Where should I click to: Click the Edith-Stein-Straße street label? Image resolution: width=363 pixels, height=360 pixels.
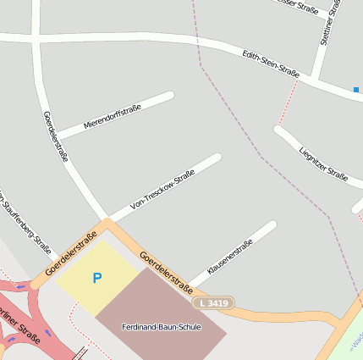pyautogui.click(x=271, y=64)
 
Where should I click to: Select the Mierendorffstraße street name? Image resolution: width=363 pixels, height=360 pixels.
pyautogui.click(x=112, y=118)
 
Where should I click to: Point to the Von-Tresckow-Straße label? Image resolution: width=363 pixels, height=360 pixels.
pyautogui.click(x=162, y=191)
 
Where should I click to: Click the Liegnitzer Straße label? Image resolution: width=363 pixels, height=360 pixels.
pyautogui.click(x=323, y=164)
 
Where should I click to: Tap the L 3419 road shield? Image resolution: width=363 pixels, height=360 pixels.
pyautogui.click(x=212, y=302)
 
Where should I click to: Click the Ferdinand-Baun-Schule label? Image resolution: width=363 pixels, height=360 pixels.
pyautogui.click(x=161, y=327)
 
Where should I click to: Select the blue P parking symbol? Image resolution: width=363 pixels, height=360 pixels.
pyautogui.click(x=96, y=278)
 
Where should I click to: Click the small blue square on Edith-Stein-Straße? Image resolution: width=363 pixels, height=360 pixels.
pyautogui.click(x=356, y=90)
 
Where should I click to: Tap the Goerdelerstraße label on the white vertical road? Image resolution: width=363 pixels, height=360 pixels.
pyautogui.click(x=55, y=135)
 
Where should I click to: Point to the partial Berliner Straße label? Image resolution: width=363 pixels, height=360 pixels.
pyautogui.click(x=19, y=318)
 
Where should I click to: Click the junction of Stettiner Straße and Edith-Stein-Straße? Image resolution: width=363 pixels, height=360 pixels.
pyautogui.click(x=315, y=79)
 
